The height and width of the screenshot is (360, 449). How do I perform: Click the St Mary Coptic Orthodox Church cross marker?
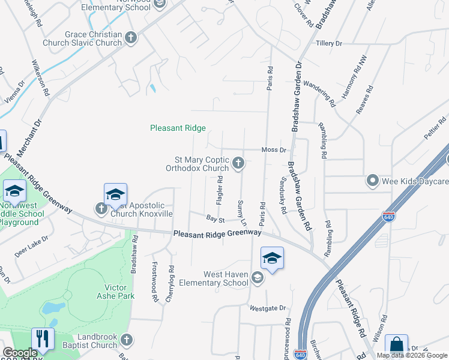[x=239, y=163]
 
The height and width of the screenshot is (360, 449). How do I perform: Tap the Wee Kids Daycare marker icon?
[x=372, y=181]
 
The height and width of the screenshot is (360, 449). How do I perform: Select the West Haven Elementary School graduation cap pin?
[x=272, y=259]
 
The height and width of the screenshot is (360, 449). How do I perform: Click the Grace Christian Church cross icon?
[x=131, y=39]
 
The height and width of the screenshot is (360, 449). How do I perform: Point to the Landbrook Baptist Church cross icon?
[x=126, y=340]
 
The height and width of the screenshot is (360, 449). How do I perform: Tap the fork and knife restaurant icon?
[x=42, y=339]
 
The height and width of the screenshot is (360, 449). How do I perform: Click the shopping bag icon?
[x=396, y=346]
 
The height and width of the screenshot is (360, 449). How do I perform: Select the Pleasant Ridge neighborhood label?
[x=178, y=128]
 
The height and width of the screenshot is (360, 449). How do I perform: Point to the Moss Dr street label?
[x=273, y=149]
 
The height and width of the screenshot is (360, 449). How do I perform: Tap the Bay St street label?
[x=215, y=220]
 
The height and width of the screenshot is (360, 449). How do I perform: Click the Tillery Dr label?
[x=328, y=44]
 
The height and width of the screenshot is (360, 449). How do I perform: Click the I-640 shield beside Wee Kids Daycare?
[x=390, y=216]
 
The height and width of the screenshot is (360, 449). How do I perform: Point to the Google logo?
[x=20, y=353]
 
